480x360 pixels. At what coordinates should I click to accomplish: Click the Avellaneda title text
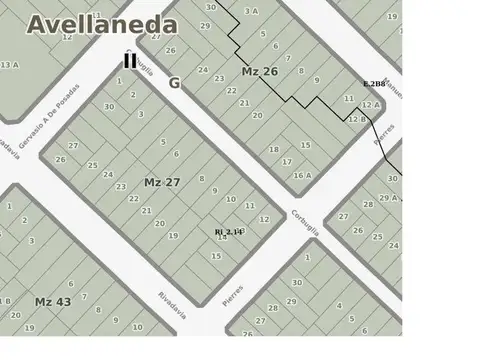103,25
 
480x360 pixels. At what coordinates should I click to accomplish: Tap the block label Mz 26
260,71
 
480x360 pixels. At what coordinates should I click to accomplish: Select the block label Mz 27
162,182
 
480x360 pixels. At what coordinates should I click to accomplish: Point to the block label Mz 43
52,301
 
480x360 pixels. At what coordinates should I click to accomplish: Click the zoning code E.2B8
375,83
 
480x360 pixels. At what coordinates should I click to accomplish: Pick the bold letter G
174,83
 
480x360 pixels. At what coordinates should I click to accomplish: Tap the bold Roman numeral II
130,61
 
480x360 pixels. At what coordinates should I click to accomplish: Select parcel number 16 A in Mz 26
302,175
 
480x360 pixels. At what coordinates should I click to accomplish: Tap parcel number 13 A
9,65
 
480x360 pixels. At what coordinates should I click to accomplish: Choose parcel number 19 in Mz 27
173,235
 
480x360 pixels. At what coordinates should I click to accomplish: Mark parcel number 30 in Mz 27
109,105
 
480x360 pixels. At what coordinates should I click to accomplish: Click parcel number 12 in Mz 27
264,218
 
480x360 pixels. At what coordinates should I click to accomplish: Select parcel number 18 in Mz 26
274,150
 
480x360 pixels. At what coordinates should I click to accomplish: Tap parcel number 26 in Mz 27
61,159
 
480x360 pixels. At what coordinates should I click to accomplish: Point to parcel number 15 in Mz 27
216,256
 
